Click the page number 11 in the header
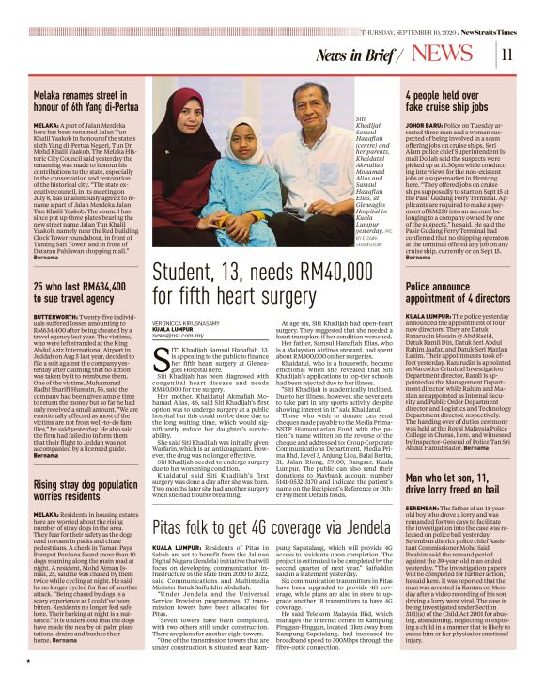506,54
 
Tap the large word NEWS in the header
448,54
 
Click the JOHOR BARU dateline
424,121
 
